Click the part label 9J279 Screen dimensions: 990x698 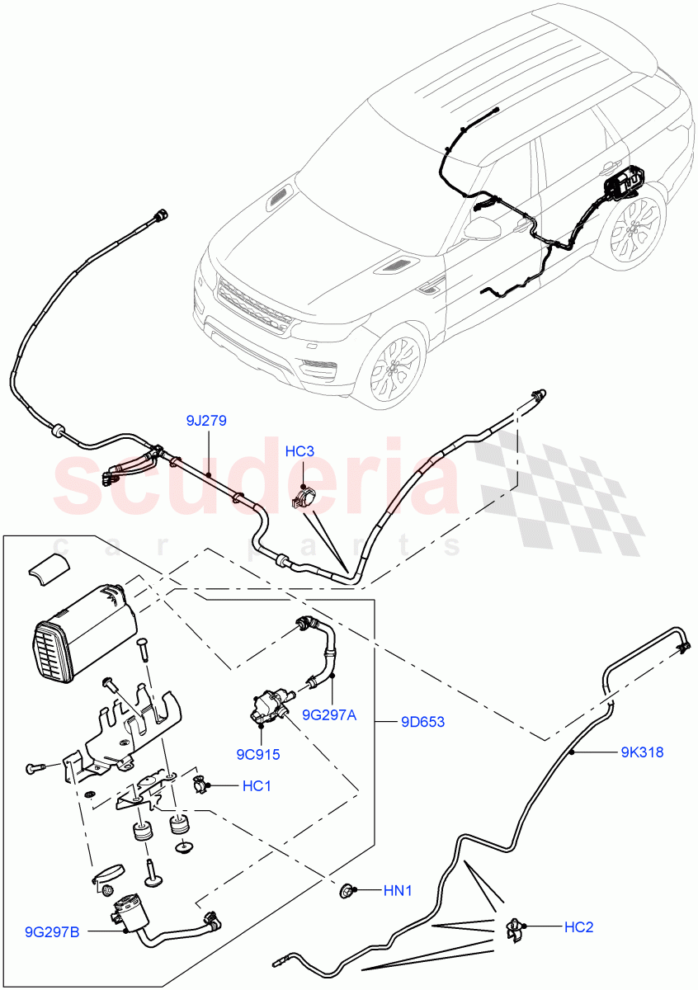coord(206,421)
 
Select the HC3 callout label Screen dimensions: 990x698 coord(300,451)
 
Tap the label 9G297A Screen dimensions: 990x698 coord(328,715)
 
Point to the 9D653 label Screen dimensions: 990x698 coord(422,722)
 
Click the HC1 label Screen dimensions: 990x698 coord(257,786)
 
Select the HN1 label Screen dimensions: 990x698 coord(398,891)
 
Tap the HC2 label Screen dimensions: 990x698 coord(578,927)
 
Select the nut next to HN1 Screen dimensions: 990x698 coord(349,890)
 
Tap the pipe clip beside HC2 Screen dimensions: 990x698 coord(514,927)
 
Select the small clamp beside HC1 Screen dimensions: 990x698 coord(200,785)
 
